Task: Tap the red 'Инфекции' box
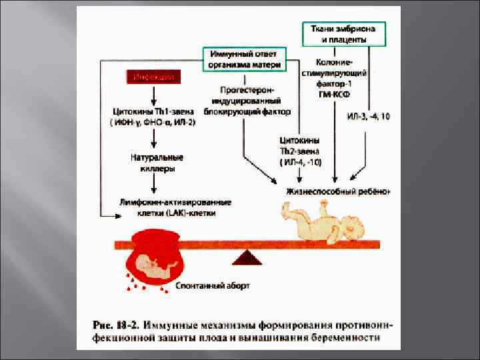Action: (x=154, y=77)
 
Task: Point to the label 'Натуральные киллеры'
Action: (x=157, y=163)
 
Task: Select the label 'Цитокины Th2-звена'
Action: (x=299, y=151)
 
